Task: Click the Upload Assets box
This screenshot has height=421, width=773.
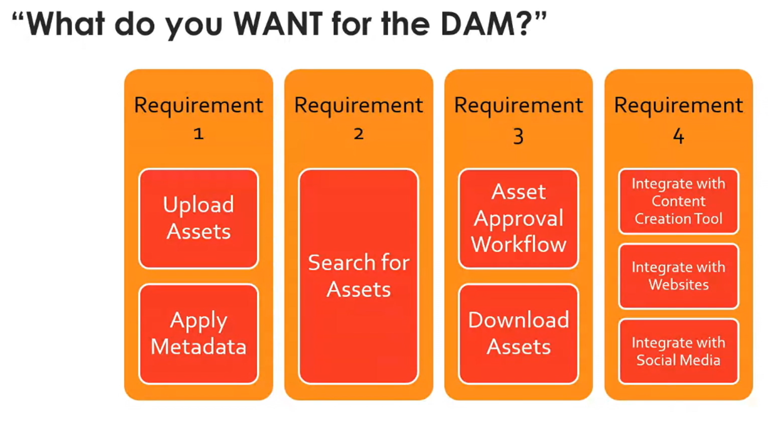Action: [198, 219]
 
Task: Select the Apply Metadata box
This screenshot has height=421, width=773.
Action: [198, 333]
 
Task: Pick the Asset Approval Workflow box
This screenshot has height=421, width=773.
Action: [518, 219]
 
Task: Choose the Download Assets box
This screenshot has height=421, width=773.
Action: [518, 333]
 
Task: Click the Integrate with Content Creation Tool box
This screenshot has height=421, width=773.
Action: [678, 201]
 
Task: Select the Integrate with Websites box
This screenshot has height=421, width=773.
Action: [678, 276]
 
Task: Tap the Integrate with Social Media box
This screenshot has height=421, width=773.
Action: [678, 352]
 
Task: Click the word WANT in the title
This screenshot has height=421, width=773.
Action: [278, 24]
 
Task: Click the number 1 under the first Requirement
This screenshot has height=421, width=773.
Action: [198, 134]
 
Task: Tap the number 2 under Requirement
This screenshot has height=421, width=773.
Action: [358, 134]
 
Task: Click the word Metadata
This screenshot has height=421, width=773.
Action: [198, 347]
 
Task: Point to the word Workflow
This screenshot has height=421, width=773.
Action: [518, 245]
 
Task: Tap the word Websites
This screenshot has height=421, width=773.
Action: [678, 285]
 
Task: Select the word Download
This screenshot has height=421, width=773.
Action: [518, 320]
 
